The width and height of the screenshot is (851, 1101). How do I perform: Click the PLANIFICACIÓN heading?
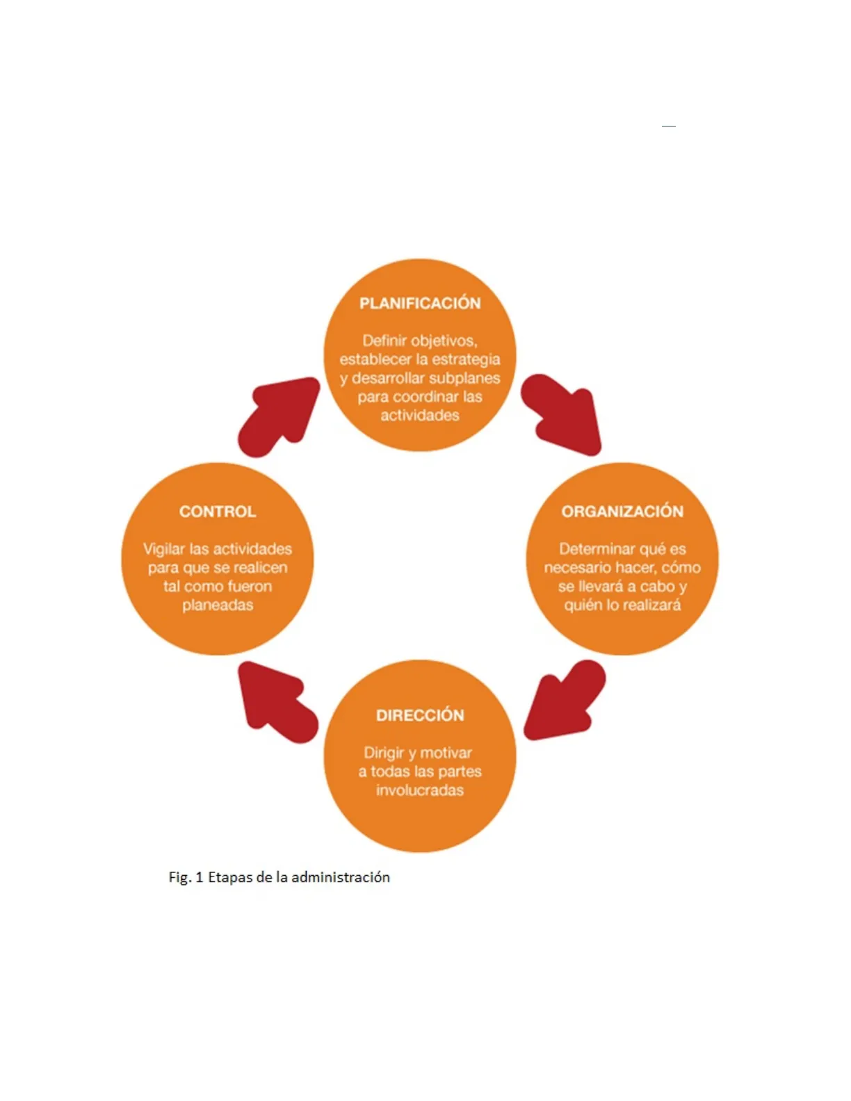420,303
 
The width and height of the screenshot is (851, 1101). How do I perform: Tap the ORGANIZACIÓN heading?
622,512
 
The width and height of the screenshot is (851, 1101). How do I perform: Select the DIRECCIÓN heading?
420,715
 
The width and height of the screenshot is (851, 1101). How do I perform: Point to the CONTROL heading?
218,512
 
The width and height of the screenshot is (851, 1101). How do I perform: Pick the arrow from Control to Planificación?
278,416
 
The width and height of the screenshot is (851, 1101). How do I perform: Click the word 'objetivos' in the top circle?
444,341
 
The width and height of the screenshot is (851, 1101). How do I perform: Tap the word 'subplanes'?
464,378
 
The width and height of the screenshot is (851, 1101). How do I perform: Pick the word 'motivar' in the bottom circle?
446,753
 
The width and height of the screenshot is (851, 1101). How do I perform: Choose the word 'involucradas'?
420,790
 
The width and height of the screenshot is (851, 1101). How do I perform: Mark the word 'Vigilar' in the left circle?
164,549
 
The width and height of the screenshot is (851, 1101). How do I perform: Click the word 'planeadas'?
218,605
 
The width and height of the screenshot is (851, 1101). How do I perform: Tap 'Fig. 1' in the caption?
186,877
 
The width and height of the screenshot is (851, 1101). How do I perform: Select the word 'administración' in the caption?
341,877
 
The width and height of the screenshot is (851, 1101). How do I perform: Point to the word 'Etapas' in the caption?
230,877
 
